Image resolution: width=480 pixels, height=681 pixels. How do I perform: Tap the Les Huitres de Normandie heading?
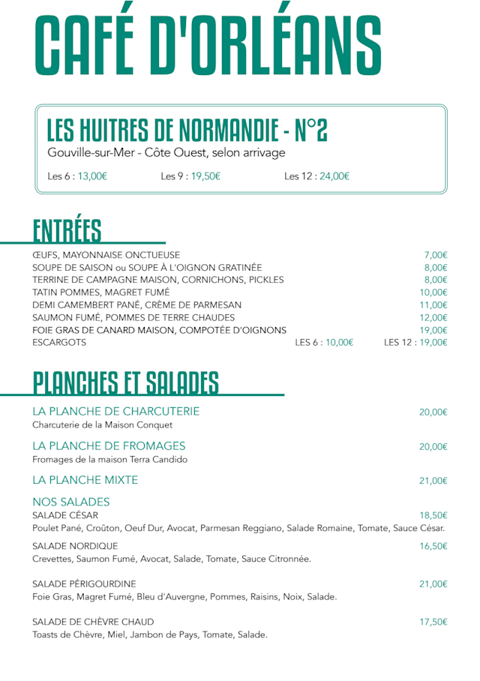187,130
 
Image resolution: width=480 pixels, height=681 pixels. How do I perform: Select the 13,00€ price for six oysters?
93,177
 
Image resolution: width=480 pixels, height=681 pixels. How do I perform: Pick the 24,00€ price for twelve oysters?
334,177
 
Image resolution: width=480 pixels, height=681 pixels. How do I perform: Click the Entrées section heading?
67,230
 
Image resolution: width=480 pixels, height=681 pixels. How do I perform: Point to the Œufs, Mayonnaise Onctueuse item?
106,255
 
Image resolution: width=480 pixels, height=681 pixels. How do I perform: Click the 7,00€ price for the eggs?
435,255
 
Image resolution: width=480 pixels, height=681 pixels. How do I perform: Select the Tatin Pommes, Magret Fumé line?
100,292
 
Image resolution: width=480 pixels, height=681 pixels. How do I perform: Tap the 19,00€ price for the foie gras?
433,330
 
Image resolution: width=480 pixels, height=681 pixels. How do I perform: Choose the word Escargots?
59,343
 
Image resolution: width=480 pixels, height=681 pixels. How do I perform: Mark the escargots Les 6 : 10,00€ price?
324,343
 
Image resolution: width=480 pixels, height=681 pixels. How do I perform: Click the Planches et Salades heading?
125,382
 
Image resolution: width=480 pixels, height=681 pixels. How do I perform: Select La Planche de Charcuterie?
116,412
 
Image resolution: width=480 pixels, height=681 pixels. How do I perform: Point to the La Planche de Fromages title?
109,446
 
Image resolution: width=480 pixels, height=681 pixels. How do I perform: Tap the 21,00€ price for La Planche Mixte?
433,481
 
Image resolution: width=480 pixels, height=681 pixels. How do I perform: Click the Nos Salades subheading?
71,502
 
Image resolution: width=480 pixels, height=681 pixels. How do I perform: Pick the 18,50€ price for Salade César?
433,515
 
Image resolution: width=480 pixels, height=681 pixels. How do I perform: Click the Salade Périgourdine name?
84,583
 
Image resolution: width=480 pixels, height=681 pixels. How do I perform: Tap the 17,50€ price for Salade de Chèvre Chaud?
433,622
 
